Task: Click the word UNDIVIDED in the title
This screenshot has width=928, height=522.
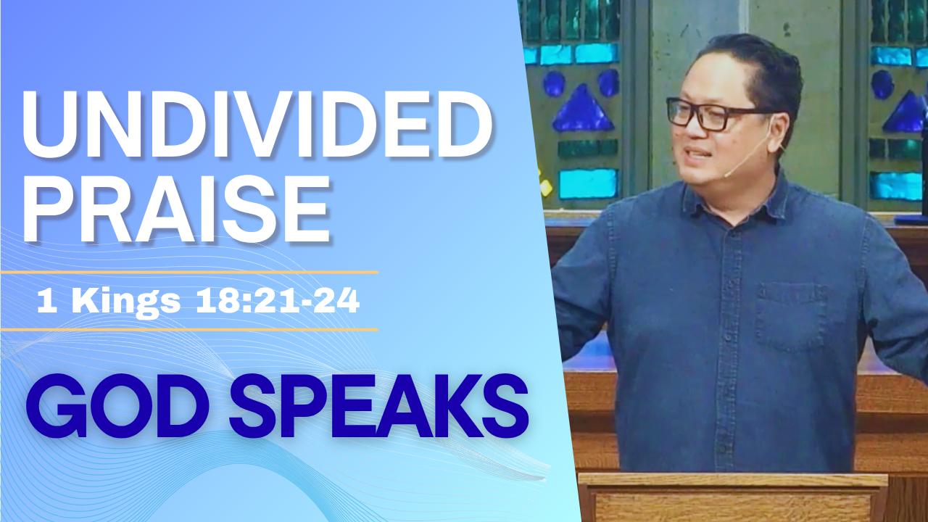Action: pyautogui.click(x=257, y=124)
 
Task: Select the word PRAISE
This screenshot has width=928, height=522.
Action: pyautogui.click(x=177, y=210)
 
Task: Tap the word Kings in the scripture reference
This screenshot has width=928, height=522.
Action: pyautogui.click(x=126, y=302)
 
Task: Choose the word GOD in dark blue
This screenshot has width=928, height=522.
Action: pyautogui.click(x=112, y=406)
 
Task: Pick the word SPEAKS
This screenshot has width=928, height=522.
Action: pyautogui.click(x=379, y=406)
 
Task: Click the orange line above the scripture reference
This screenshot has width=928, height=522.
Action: pyautogui.click(x=189, y=272)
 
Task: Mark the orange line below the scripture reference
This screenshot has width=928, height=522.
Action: pyautogui.click(x=189, y=330)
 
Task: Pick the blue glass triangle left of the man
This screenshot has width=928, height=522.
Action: pyautogui.click(x=583, y=109)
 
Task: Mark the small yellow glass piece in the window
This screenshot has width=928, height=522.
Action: pyautogui.click(x=545, y=187)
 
